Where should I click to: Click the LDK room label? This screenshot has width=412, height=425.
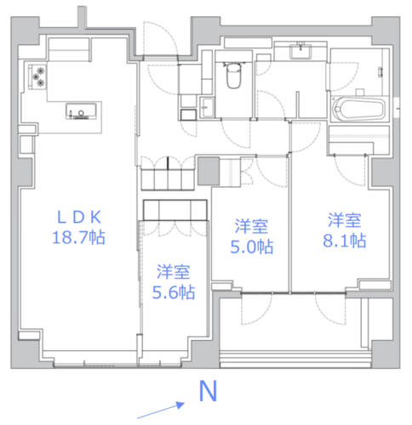pos(79,218)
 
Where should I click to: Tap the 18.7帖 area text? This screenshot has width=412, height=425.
pos(79,237)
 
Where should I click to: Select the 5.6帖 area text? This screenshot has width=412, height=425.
pos(174,292)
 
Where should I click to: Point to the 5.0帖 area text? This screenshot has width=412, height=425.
pos(252,246)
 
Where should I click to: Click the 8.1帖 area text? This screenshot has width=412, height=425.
pos(345,241)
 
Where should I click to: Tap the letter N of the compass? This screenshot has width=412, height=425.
pos(209,391)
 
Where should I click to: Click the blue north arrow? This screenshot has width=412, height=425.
pos(161,410)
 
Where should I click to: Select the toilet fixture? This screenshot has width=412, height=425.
pos(233,75)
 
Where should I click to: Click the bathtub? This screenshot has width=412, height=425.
pos(359,109)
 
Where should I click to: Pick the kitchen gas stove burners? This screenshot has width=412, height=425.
pos(37,76)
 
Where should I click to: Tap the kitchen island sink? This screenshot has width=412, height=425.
pos(81,111)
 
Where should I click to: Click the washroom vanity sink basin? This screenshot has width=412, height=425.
pos(300,51)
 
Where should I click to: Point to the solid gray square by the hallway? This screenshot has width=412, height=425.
pos(209,171)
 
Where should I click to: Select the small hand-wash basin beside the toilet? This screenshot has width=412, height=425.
pos(207,107)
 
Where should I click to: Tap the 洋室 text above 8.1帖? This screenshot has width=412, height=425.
pos(345,220)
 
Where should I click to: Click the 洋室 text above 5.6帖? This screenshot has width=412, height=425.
pos(174,272)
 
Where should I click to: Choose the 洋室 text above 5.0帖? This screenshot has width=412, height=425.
pos(251,226)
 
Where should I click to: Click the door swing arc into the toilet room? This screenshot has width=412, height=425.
pos(236,133)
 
